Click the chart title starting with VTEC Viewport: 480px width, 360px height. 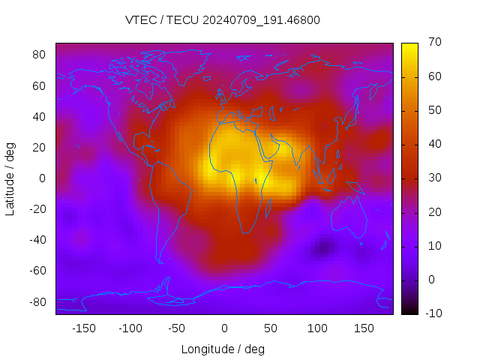222,20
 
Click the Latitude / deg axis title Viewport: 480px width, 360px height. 10,178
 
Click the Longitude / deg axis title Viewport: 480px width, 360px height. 223,349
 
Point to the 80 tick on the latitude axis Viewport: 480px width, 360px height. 40,55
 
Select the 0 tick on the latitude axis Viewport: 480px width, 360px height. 43,178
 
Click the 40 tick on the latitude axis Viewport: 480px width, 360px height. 40,116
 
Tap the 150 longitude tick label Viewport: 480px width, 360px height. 364,328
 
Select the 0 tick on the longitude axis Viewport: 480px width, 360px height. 223,328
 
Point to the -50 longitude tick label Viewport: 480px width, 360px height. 177,328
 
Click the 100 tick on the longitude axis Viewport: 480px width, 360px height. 317,328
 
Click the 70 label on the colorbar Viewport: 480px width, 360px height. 433,43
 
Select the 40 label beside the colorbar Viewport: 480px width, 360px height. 433,144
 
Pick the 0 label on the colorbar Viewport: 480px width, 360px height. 430,280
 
